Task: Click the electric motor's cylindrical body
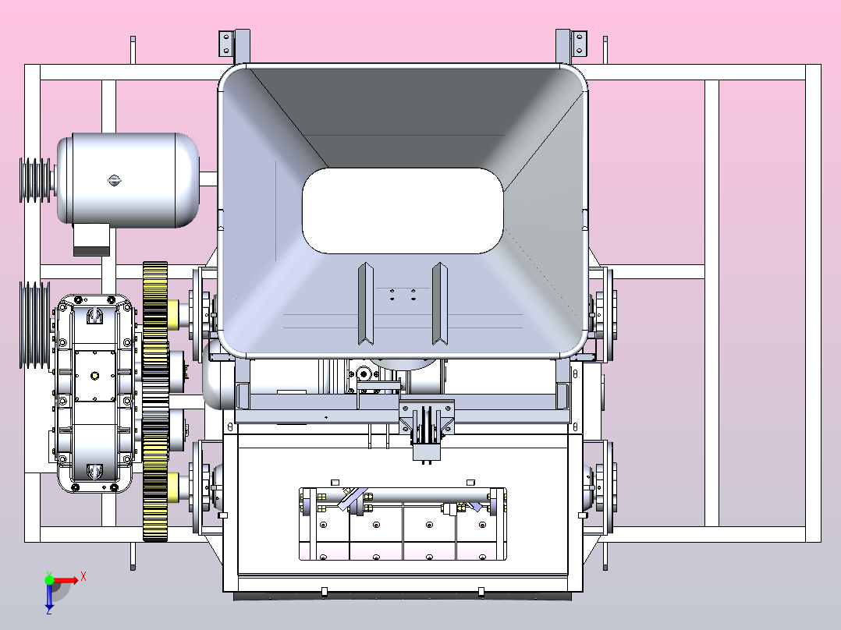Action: (128, 179)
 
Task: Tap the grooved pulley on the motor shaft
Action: (35, 180)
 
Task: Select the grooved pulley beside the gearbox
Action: (35, 325)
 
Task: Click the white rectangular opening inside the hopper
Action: (403, 211)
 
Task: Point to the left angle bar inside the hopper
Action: (366, 303)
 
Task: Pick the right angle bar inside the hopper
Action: (440, 303)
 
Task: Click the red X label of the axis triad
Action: (83, 577)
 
